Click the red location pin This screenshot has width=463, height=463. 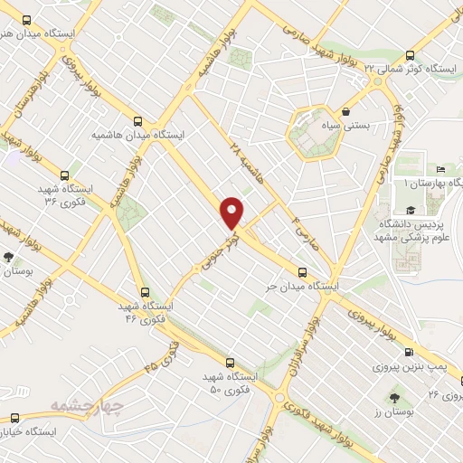[233, 212]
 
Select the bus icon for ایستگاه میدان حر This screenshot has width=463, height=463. [302, 270]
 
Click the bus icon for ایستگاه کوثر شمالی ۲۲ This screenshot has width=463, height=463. [411, 54]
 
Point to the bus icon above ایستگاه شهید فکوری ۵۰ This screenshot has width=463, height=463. [230, 362]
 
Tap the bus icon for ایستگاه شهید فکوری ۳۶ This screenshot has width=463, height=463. [63, 175]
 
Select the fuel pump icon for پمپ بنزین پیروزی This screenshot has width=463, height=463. [409, 353]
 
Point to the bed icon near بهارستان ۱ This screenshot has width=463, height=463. [439, 169]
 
